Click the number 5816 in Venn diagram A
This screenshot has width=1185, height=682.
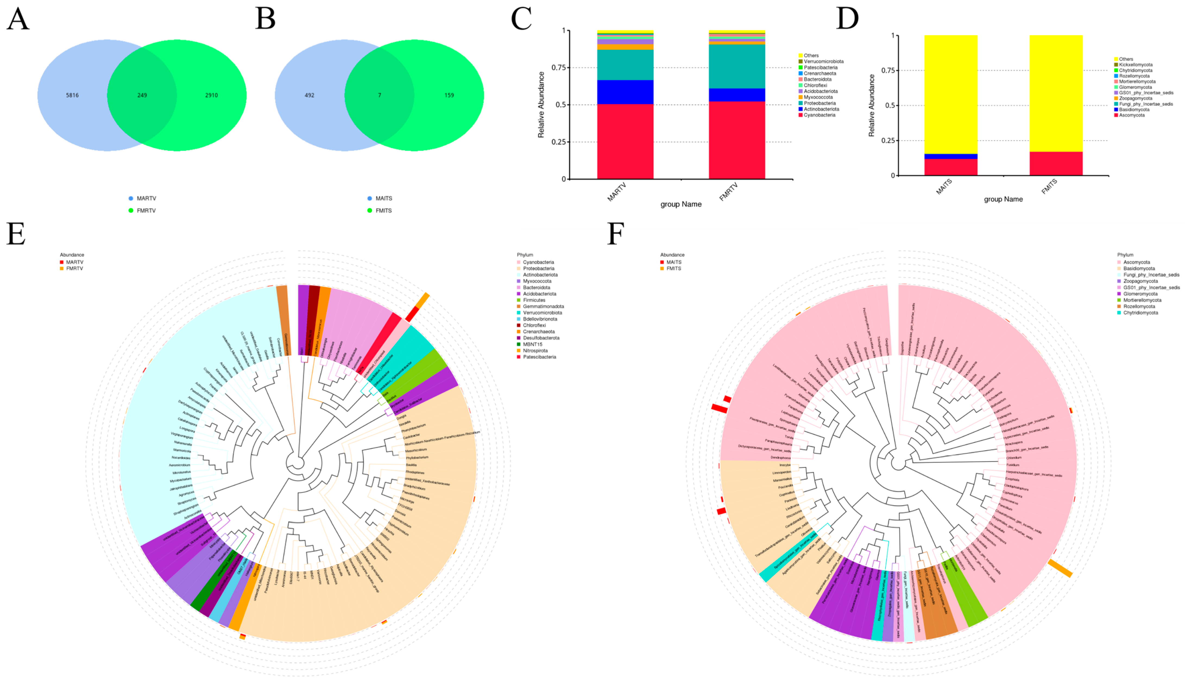pos(72,95)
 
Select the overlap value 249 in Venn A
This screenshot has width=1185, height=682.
pos(142,95)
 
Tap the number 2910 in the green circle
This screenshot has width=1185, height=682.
pos(211,95)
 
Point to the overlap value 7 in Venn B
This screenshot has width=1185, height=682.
pos(379,95)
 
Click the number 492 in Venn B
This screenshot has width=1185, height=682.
pos(310,95)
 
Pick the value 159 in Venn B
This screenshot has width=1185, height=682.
pos(449,95)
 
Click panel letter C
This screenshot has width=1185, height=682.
pos(521,19)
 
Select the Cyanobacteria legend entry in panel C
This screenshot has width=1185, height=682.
pos(819,115)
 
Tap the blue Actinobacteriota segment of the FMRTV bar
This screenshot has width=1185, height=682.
pos(737,95)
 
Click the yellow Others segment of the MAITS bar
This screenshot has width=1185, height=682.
pos(950,94)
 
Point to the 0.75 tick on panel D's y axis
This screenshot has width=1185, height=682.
pos(887,71)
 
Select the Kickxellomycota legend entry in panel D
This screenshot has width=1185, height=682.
pos(1135,65)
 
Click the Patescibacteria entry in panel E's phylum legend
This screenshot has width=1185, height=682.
pos(539,357)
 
